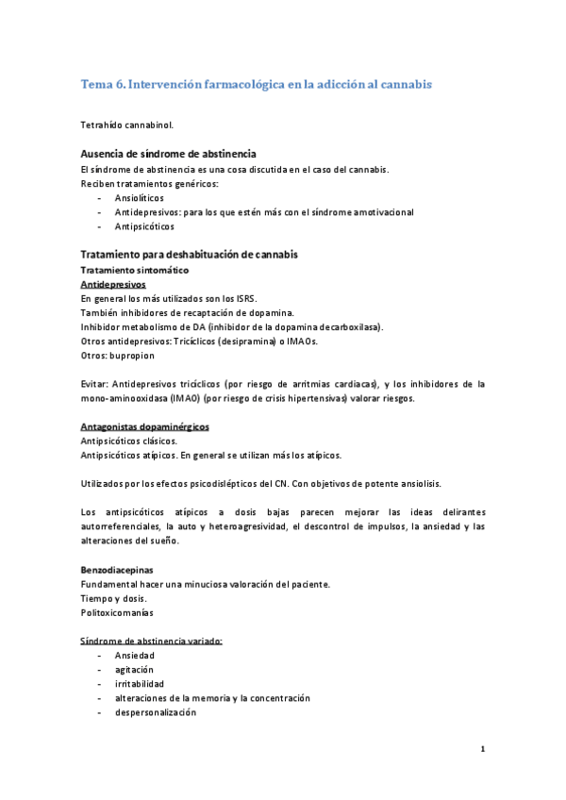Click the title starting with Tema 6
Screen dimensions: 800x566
[256, 84]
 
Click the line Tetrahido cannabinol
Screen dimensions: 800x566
[127, 124]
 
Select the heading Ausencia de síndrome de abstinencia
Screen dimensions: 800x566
[169, 154]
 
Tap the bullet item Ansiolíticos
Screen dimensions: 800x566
[139, 199]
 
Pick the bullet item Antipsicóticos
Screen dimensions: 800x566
[144, 226]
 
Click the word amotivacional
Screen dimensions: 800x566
[381, 212]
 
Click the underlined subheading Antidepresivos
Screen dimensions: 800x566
[113, 284]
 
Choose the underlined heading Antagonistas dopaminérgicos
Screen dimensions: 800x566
[145, 426]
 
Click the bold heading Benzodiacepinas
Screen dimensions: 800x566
[117, 570]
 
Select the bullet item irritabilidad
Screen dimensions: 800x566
[140, 683]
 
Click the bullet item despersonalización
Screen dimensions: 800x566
[156, 712]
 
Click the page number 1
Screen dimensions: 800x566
[482, 750]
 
